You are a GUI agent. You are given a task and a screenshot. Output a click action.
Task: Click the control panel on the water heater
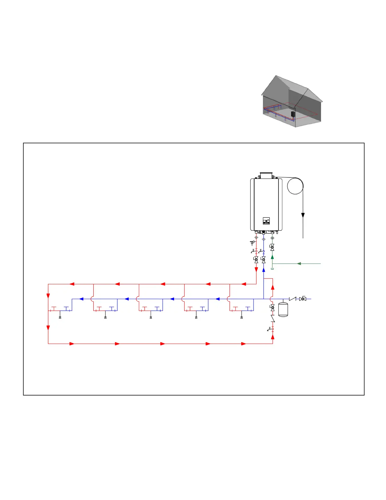coord(266,221)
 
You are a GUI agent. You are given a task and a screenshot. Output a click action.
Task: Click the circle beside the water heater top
coord(295,186)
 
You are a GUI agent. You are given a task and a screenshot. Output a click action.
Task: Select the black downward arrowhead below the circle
coord(303,215)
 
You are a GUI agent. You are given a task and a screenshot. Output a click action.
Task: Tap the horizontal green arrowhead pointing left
coord(299,263)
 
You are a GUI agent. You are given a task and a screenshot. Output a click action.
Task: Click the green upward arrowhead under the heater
coord(272,257)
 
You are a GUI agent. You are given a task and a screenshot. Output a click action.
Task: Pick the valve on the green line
coord(272,247)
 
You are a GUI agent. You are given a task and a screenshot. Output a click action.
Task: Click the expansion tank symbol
coord(283,309)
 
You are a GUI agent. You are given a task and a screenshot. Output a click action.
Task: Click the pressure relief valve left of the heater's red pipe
coord(252,243)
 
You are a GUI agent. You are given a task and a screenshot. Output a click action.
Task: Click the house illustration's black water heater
coord(293,114)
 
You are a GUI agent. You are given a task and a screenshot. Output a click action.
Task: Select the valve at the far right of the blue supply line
coord(303,299)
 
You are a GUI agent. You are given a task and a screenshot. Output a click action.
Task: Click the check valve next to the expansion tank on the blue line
coord(293,299)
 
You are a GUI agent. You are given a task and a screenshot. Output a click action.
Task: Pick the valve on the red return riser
coord(272,308)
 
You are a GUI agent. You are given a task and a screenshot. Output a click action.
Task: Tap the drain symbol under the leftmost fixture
coord(60,317)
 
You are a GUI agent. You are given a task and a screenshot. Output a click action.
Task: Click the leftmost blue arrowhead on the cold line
coord(81,299)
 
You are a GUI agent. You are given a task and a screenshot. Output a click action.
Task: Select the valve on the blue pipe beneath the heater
coord(263,260)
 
